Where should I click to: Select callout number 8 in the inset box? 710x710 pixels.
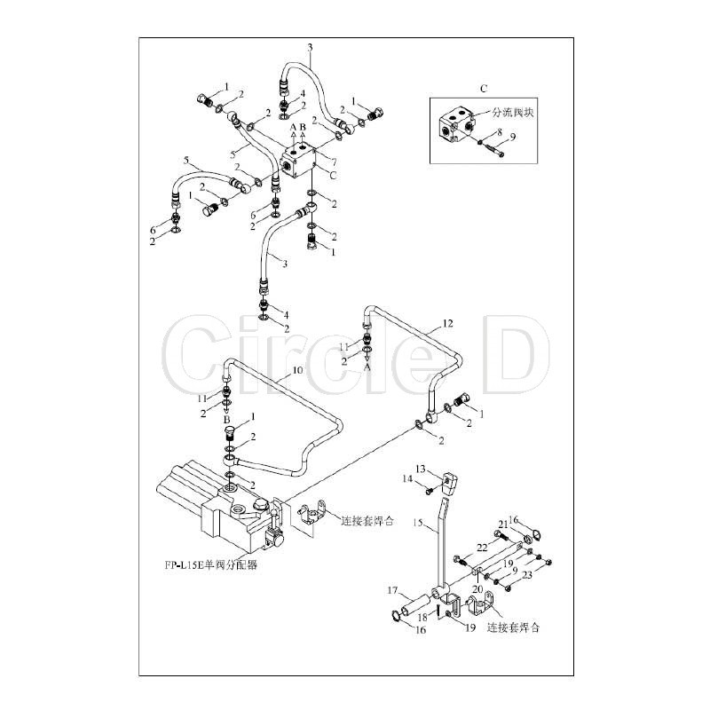point(500,132)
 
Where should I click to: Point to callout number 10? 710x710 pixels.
point(296,369)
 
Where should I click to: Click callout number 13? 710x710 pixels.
point(422,468)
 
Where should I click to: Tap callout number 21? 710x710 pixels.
point(501,524)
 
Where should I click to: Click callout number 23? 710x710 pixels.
point(527,574)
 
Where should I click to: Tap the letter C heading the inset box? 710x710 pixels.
point(483,89)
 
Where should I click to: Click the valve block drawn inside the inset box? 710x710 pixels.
point(457,122)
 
